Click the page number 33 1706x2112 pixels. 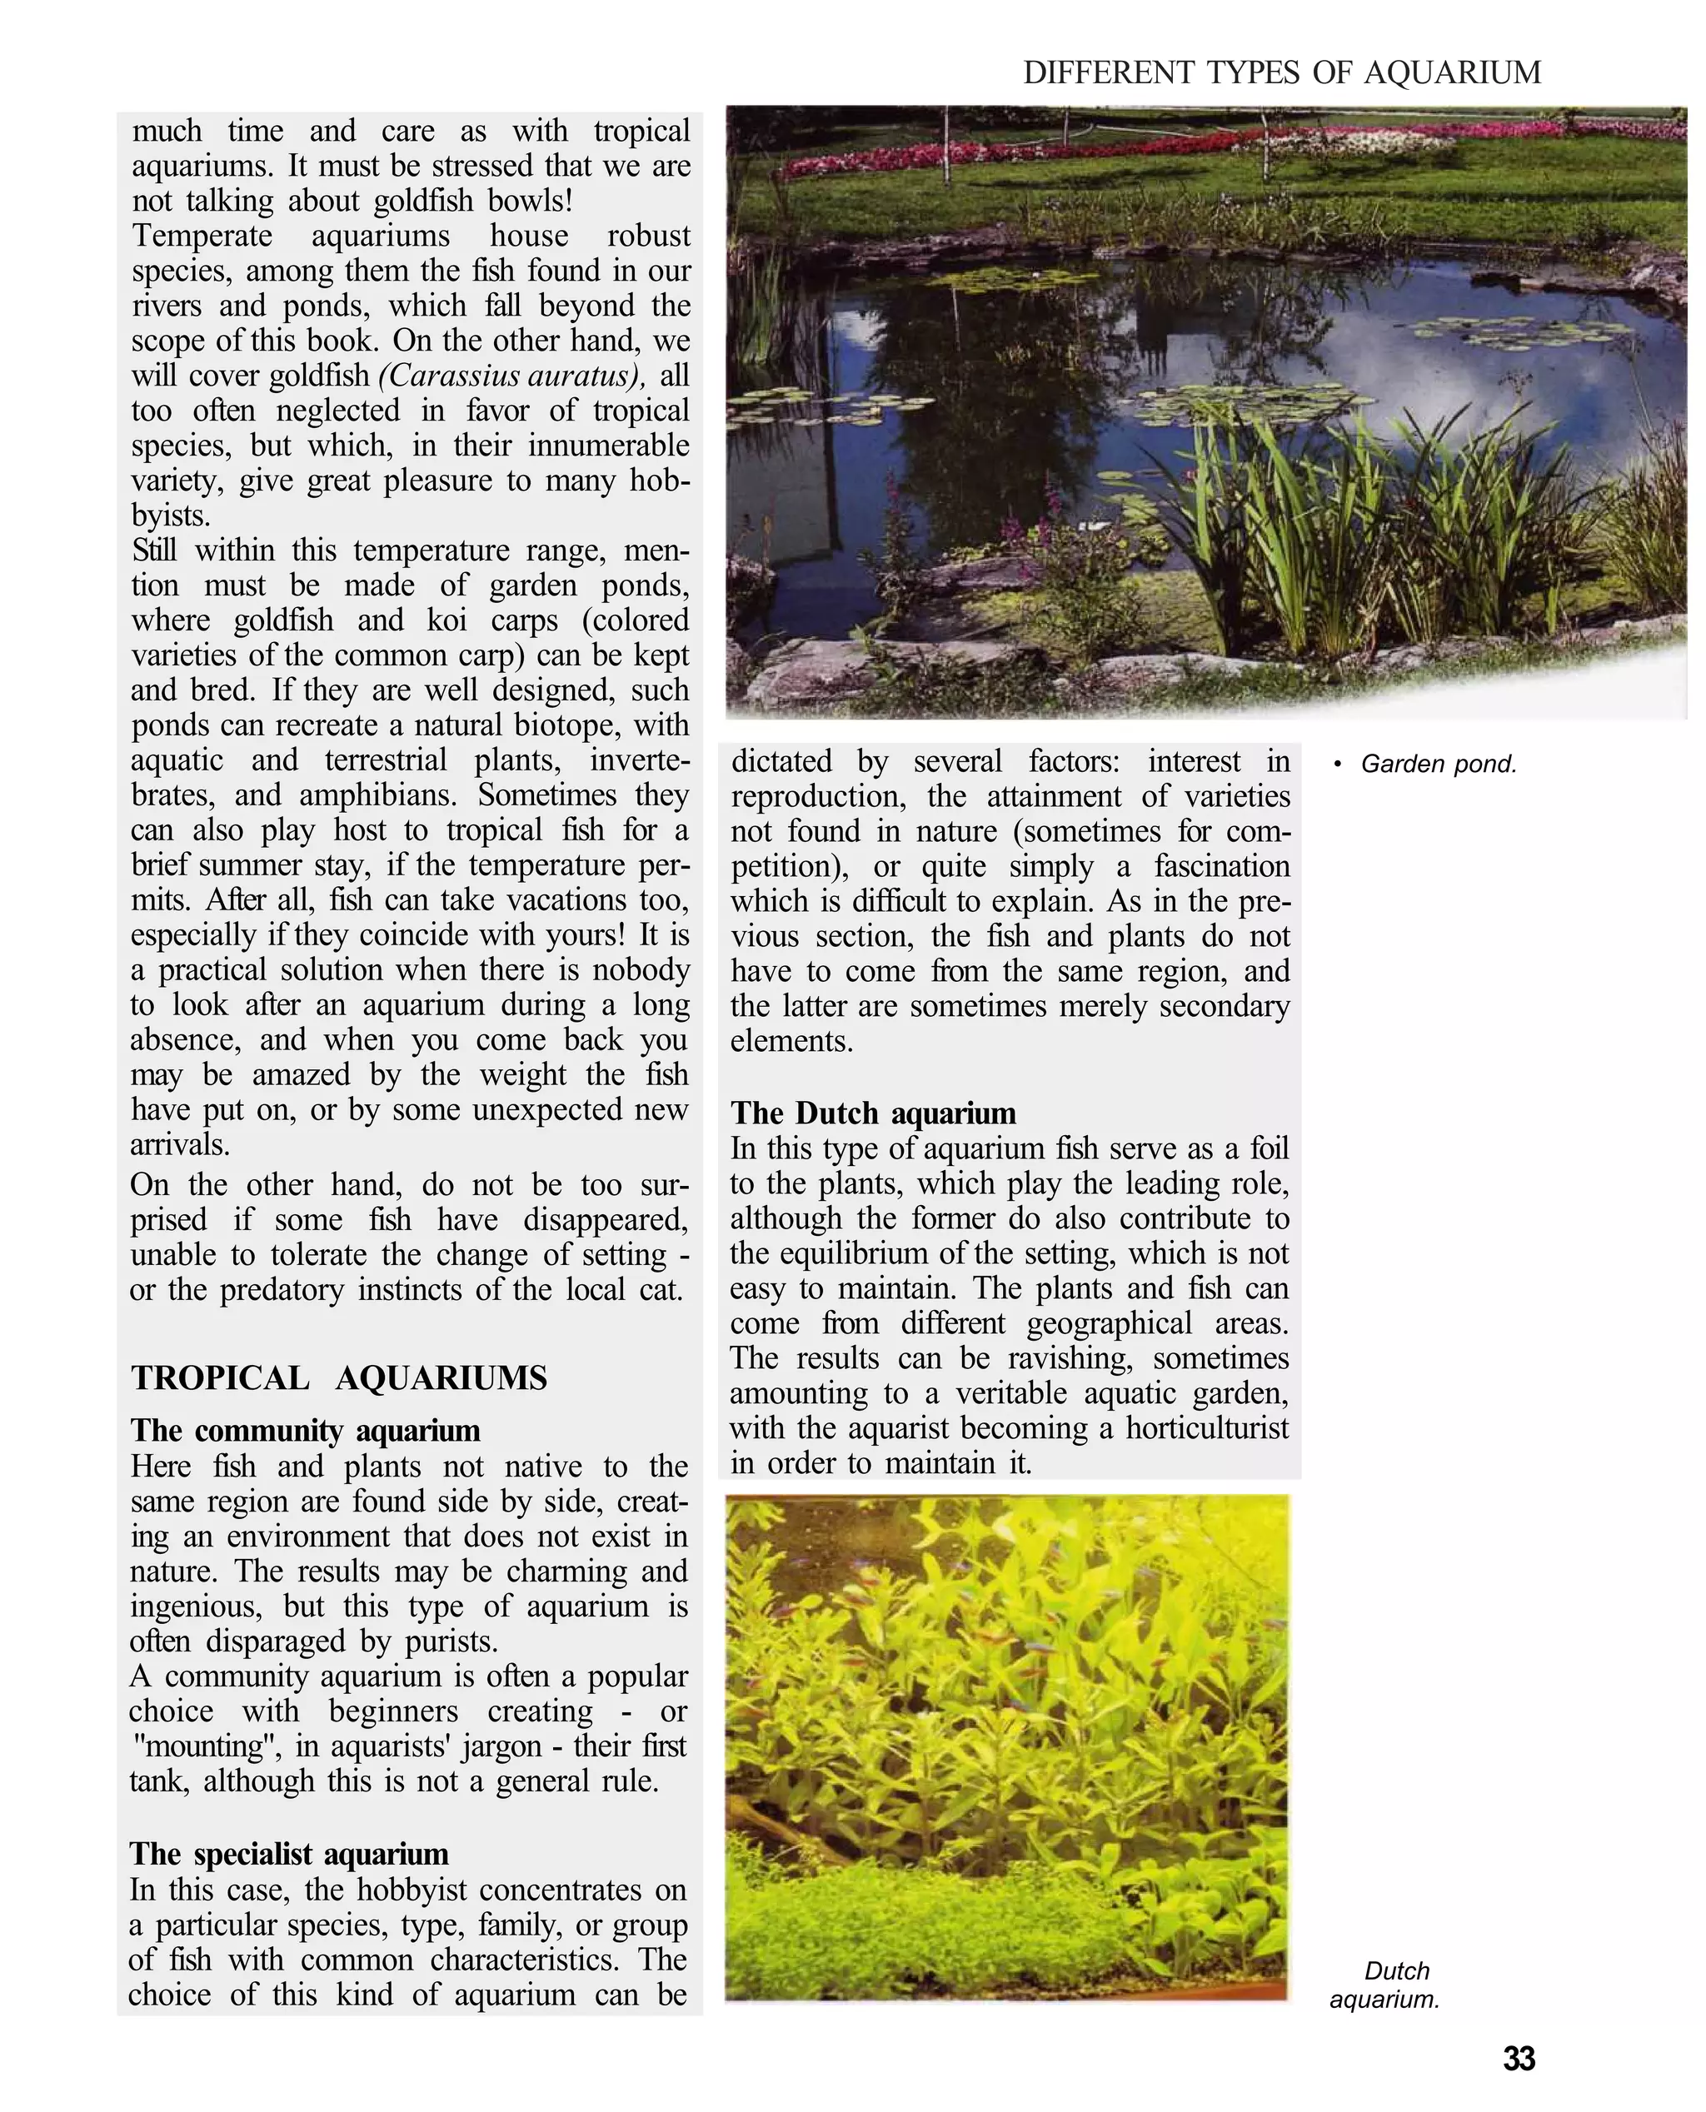[1519, 2058]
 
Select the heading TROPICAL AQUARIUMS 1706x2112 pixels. [339, 1378]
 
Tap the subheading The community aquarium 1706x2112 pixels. [306, 1430]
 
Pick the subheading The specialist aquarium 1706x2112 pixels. [289, 1854]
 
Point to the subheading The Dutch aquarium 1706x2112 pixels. [873, 1113]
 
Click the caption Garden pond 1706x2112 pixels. [1438, 765]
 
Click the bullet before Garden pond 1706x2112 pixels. [1338, 765]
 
